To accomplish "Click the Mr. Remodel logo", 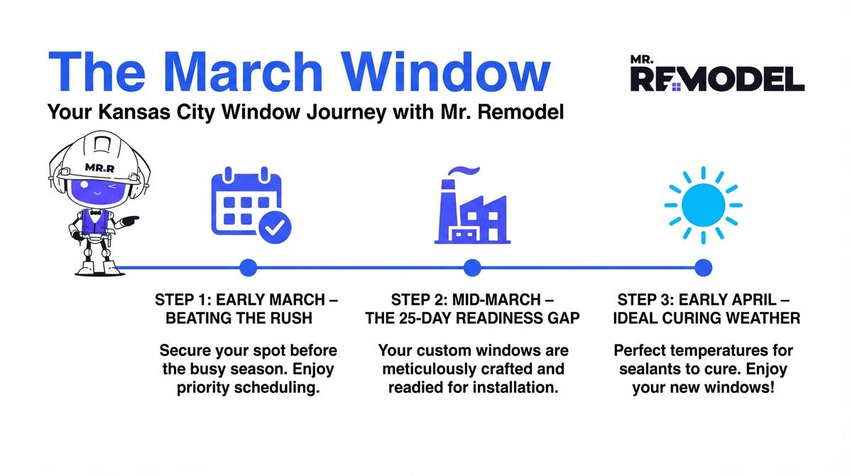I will [717, 74].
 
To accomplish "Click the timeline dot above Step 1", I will [248, 268].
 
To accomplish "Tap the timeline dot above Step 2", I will [472, 268].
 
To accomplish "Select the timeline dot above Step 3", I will [703, 268].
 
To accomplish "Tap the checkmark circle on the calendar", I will [274, 228].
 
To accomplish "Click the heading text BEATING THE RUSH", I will [239, 318].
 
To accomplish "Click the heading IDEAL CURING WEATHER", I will [706, 318].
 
